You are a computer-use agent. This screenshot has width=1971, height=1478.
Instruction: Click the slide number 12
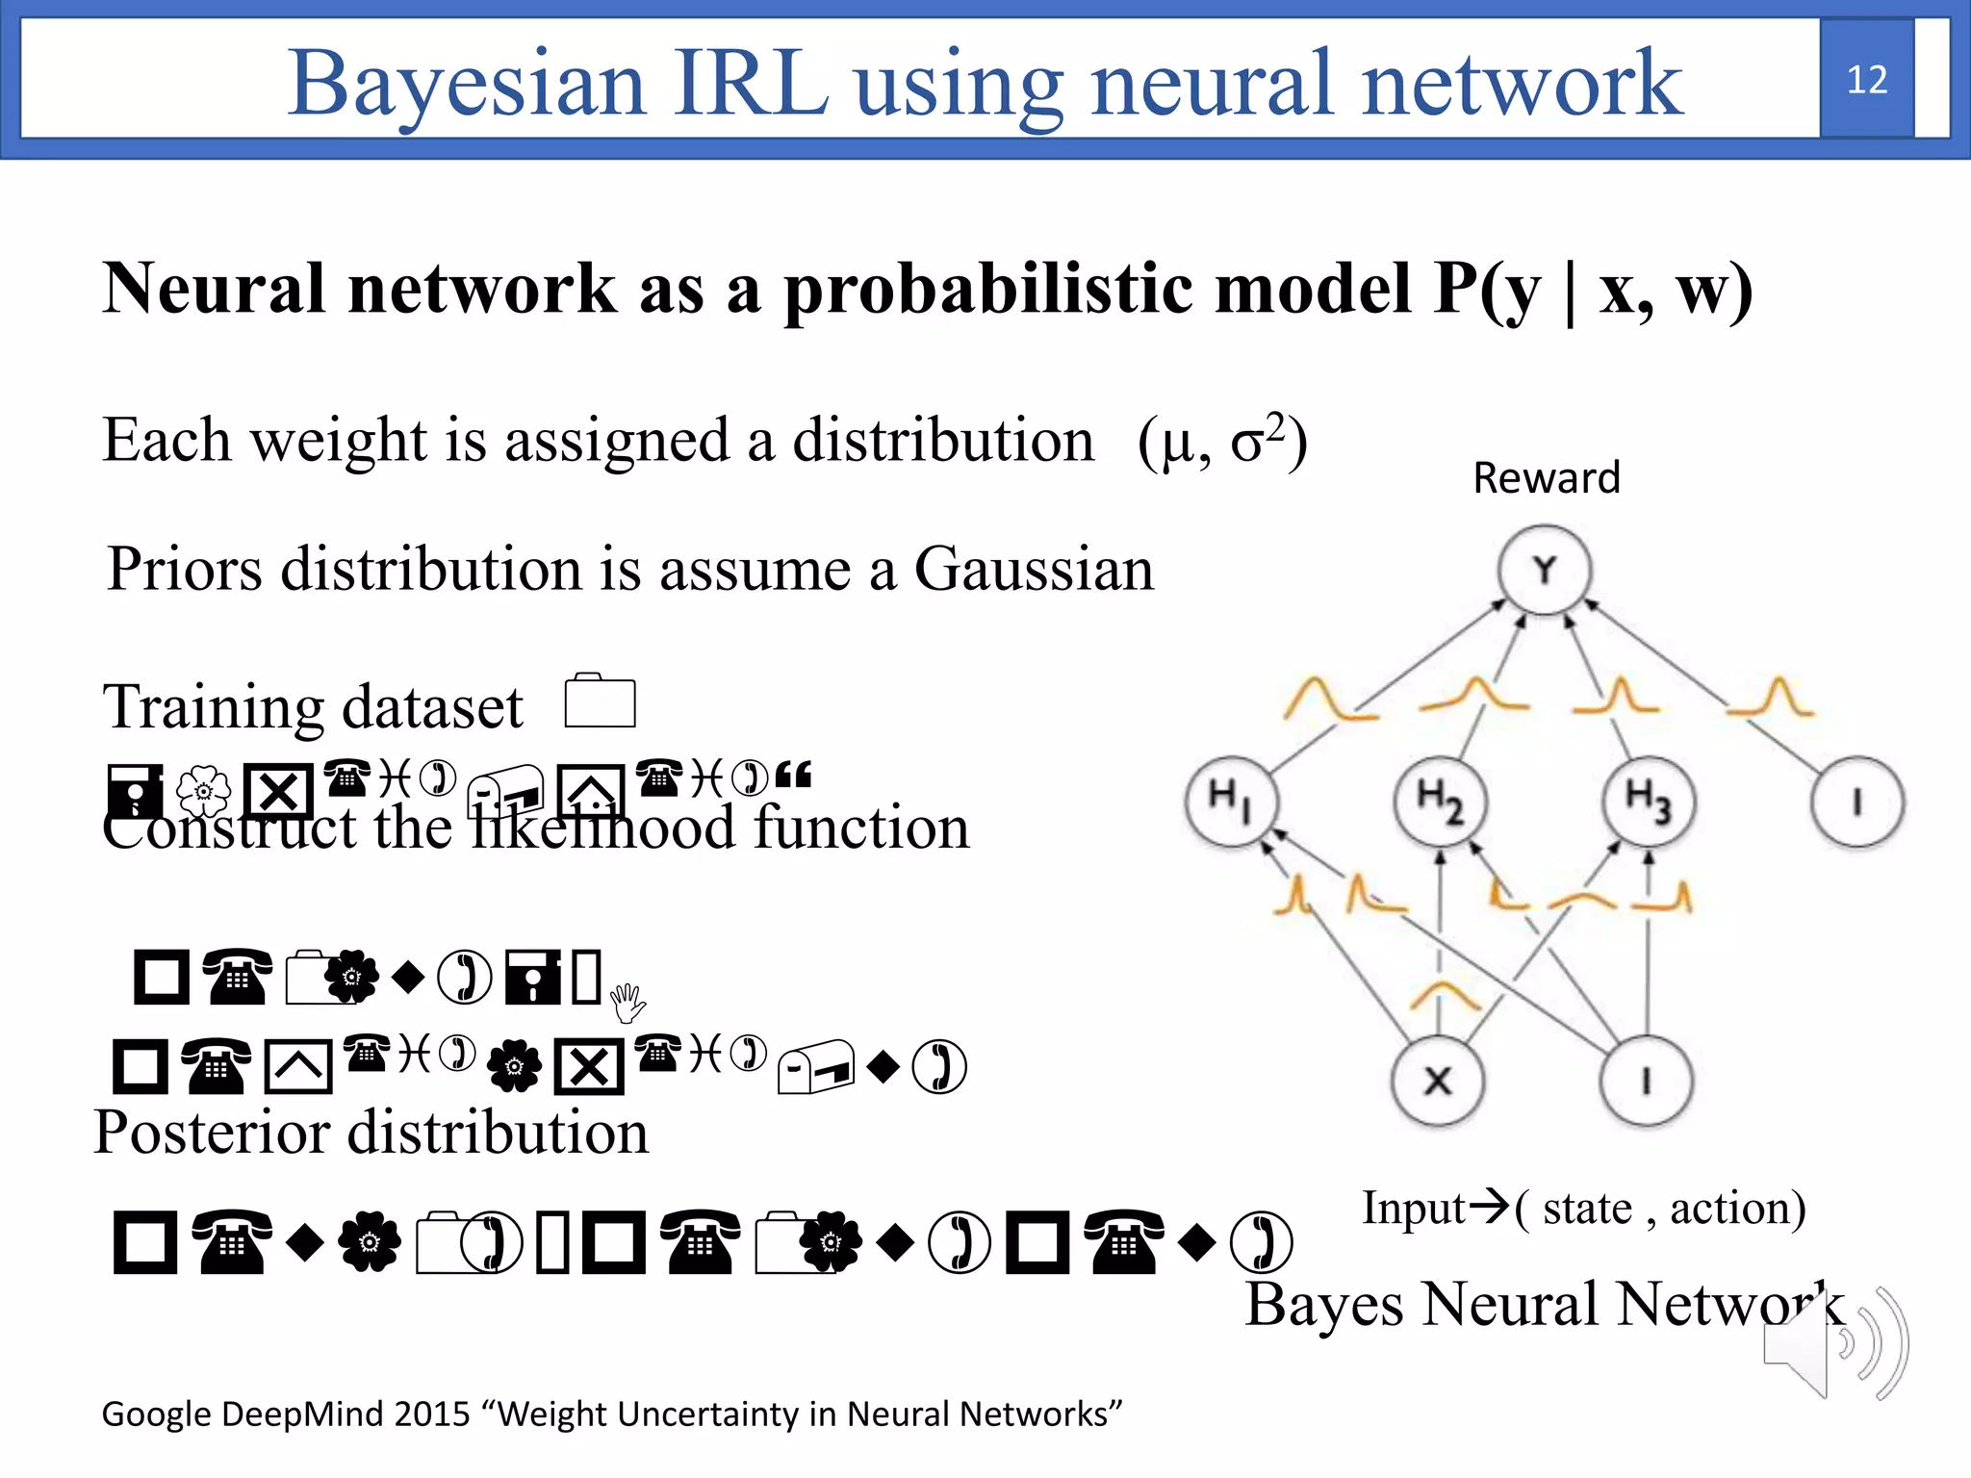point(1866,80)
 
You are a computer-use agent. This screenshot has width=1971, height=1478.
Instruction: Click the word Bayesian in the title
point(466,85)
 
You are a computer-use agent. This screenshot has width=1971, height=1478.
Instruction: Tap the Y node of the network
point(1544,571)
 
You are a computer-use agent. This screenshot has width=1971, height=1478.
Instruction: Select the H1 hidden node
point(1231,802)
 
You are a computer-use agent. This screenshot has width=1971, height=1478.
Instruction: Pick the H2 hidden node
point(1440,802)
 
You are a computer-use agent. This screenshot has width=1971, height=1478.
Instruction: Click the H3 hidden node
point(1648,802)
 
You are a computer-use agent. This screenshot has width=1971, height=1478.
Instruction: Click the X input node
point(1438,1081)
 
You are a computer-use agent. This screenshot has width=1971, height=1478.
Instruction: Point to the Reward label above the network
point(1546,478)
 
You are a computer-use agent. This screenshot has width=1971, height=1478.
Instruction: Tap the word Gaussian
point(1034,569)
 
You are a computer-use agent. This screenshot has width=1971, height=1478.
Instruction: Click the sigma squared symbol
point(1258,440)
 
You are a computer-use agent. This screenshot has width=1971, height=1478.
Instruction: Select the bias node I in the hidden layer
point(1856,802)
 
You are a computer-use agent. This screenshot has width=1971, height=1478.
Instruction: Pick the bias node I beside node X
point(1646,1081)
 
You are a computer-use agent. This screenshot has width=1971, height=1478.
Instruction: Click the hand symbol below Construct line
point(627,1003)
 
